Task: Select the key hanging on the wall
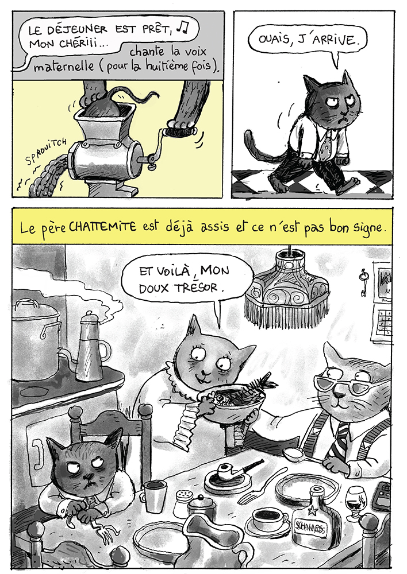point(363,282)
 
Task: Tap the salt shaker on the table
point(182,503)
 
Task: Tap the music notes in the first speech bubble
point(182,27)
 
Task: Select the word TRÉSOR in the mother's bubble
point(200,288)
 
